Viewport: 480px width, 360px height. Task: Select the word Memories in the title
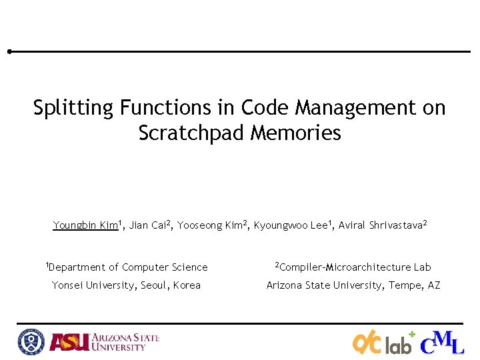point(296,133)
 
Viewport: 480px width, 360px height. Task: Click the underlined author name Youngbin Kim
point(85,225)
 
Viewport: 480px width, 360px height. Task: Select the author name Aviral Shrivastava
point(381,225)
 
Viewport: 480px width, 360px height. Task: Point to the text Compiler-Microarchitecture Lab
point(355,267)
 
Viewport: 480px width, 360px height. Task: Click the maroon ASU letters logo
point(69,342)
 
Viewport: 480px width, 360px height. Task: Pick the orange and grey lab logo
point(383,343)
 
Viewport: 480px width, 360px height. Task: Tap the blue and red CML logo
point(442,342)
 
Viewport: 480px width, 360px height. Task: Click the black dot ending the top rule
point(9,51)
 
